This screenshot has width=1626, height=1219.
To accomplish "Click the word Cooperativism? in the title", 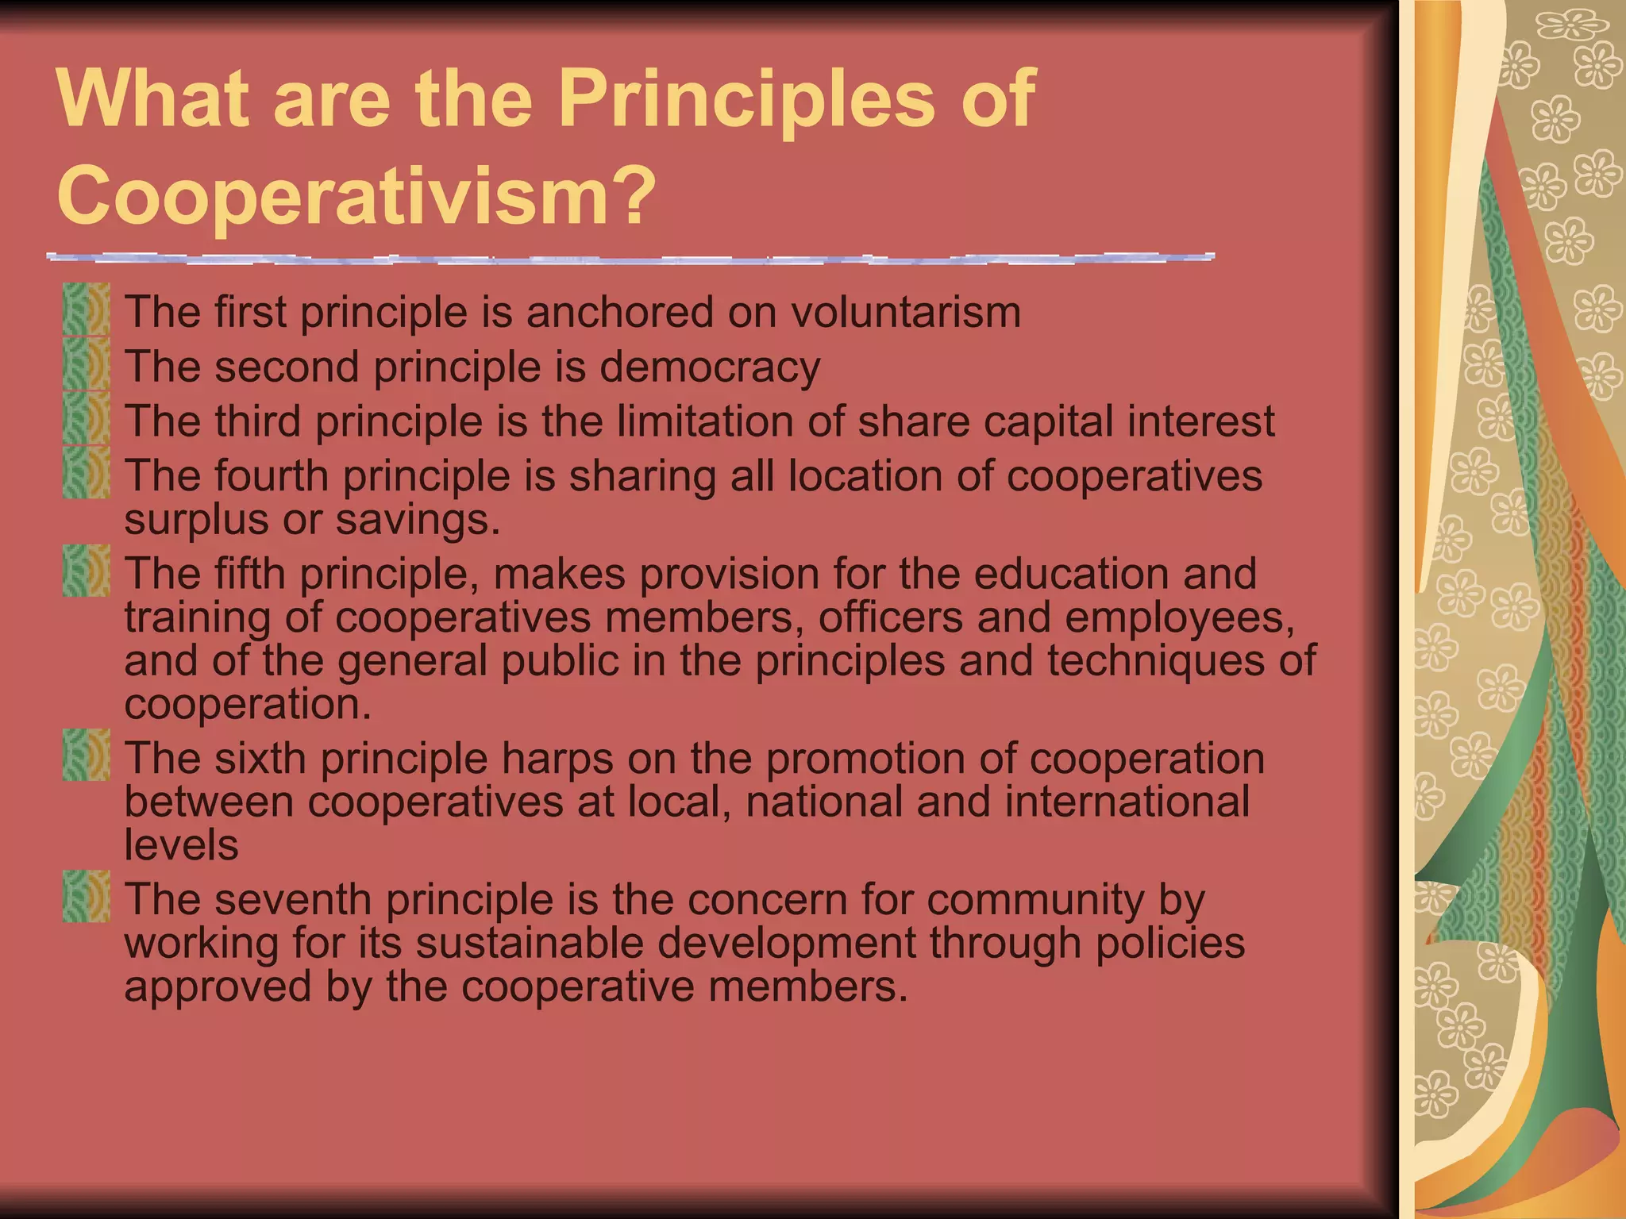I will [x=357, y=194].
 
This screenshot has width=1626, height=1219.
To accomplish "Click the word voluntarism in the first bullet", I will [x=905, y=312].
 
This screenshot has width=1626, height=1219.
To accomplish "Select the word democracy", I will [x=709, y=367].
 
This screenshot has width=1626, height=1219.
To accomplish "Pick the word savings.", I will [x=418, y=521].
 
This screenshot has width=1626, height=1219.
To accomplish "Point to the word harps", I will [x=557, y=759].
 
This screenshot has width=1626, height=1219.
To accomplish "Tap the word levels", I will [x=181, y=845].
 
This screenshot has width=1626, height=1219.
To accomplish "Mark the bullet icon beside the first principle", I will [x=86, y=310].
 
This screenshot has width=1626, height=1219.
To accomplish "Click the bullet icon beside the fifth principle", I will [x=86, y=570].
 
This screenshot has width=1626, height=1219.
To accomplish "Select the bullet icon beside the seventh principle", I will [x=86, y=896].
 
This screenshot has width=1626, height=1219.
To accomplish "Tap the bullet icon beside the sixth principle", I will [x=86, y=755].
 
